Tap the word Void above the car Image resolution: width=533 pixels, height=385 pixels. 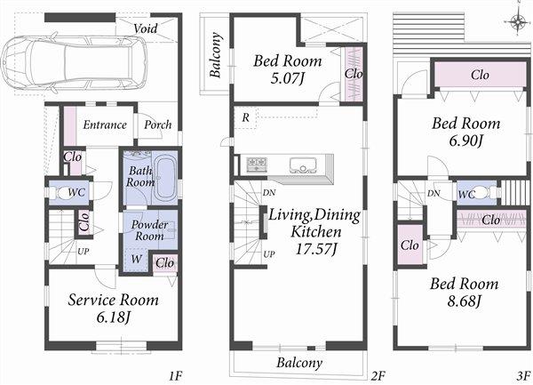point(147,28)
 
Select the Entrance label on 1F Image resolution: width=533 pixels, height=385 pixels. point(104,125)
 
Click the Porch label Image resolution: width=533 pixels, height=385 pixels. point(158,125)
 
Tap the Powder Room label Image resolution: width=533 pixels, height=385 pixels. point(150,231)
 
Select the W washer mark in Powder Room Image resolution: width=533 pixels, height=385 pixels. point(136,260)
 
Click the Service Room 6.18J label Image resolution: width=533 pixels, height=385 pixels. point(113,308)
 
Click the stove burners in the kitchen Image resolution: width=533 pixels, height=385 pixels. point(257,164)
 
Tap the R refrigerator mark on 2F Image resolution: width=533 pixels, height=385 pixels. point(243,117)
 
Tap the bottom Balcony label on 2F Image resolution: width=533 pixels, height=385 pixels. point(298,363)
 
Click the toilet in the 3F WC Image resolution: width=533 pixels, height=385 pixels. point(481,193)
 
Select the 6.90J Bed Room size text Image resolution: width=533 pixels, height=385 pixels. point(465,140)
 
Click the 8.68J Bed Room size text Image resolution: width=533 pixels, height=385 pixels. point(465,301)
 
